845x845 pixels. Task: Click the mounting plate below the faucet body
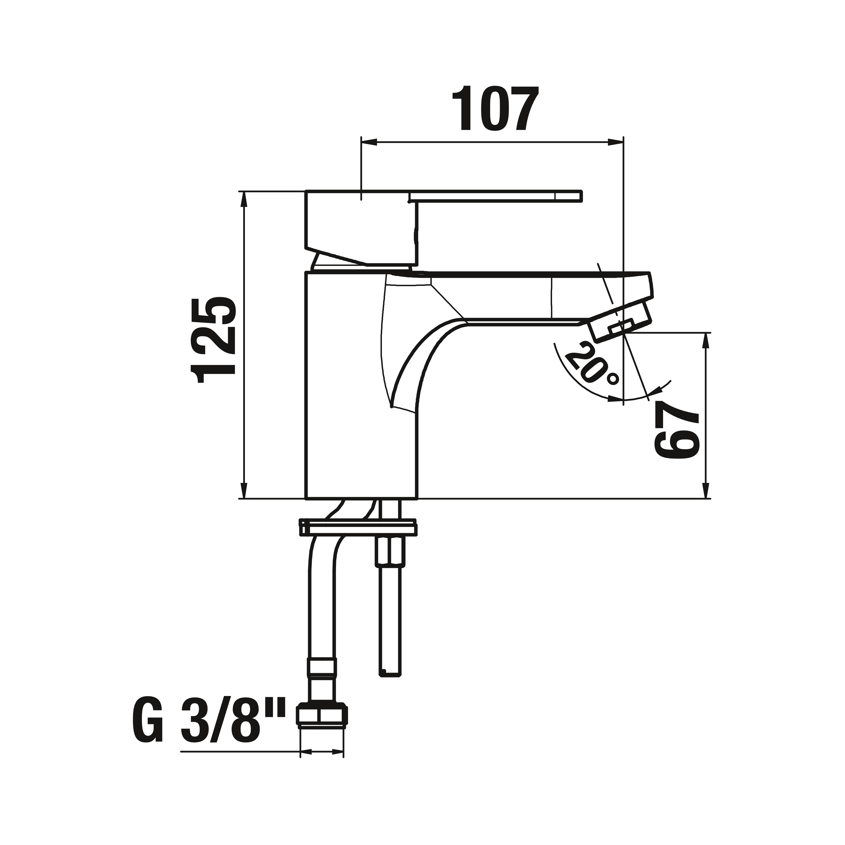point(358,528)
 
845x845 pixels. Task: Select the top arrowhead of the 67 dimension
point(705,341)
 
